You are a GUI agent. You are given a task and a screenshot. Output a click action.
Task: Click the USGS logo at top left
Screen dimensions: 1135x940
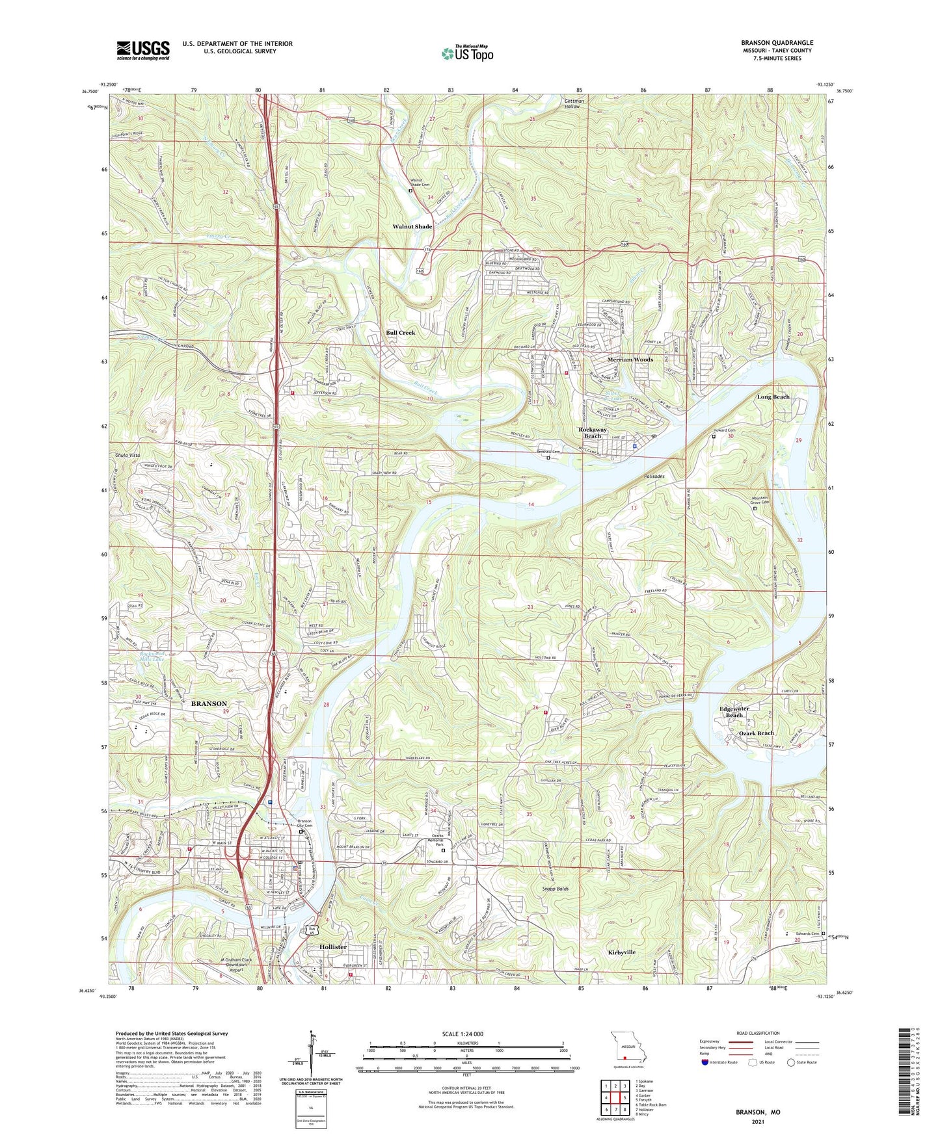pos(143,49)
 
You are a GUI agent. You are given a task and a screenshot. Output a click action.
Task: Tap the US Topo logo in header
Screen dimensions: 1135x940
pos(467,53)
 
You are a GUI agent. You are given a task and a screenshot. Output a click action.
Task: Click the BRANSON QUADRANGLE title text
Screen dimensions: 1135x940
pos(777,43)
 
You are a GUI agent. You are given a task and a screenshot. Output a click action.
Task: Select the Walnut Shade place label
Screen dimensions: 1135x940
pos(412,226)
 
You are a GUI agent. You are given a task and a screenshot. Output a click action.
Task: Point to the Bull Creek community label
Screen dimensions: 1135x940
pos(400,332)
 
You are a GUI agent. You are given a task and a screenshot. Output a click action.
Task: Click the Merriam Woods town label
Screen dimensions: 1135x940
pos(630,359)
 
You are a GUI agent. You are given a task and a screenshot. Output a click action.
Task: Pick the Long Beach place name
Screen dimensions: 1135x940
pos(773,397)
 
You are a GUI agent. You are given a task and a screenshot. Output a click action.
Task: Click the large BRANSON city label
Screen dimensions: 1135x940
pos(209,703)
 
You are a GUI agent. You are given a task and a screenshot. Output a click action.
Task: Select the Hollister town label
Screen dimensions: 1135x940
pos(332,946)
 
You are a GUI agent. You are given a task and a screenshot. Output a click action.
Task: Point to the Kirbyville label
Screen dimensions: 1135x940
pos(621,952)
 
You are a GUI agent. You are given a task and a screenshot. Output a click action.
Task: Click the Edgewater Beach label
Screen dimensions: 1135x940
pos(734,711)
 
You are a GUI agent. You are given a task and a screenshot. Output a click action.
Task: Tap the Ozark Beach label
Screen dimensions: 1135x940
pos(756,733)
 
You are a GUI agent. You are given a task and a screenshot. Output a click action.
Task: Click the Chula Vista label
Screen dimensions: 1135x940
pos(127,455)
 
